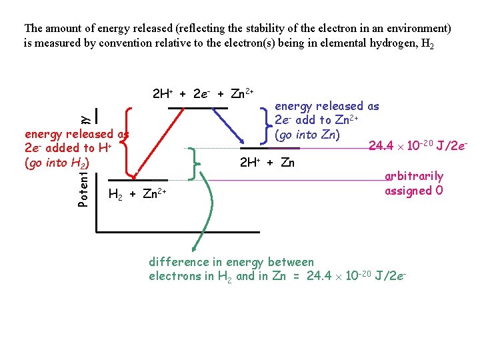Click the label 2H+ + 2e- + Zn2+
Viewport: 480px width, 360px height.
(x=203, y=94)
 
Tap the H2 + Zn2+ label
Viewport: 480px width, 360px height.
(x=137, y=194)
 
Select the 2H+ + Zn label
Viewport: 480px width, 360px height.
(x=267, y=162)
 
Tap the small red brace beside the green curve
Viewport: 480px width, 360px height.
(x=193, y=163)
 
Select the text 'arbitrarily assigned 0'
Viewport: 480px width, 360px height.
(x=413, y=183)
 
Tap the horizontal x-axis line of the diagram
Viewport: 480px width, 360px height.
(x=177, y=232)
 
